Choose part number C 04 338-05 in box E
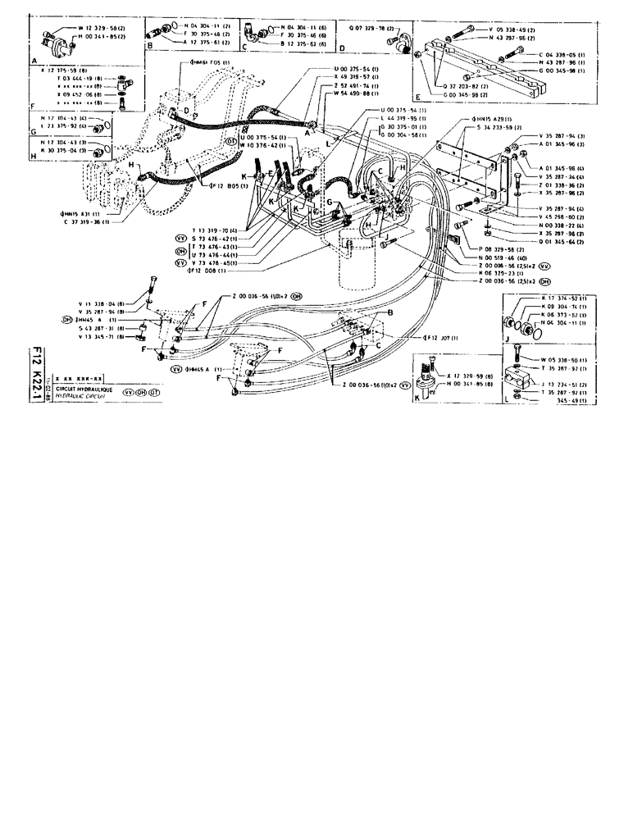click(553, 54)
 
